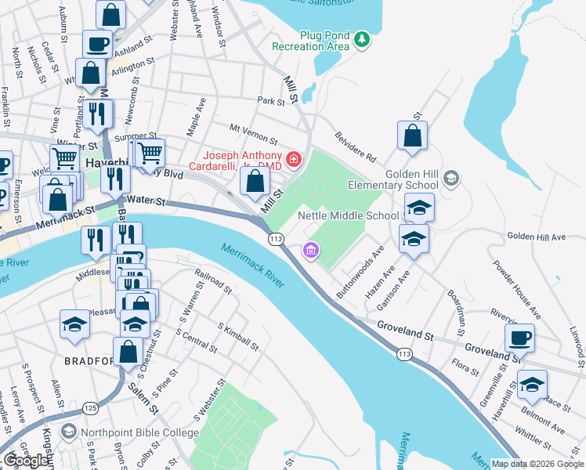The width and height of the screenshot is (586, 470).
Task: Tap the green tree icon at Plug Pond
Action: (361, 38)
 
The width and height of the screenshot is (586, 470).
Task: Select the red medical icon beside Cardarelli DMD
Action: (294, 160)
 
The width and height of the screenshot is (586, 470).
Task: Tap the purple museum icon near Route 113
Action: (311, 251)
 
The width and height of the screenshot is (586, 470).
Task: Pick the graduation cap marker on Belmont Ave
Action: (532, 385)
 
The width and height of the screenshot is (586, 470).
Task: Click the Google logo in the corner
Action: (26, 460)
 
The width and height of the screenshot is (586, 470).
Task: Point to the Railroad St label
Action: (214, 283)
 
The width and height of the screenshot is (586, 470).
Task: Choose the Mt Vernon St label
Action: (253, 133)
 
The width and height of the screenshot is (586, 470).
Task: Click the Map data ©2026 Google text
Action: (537, 464)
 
